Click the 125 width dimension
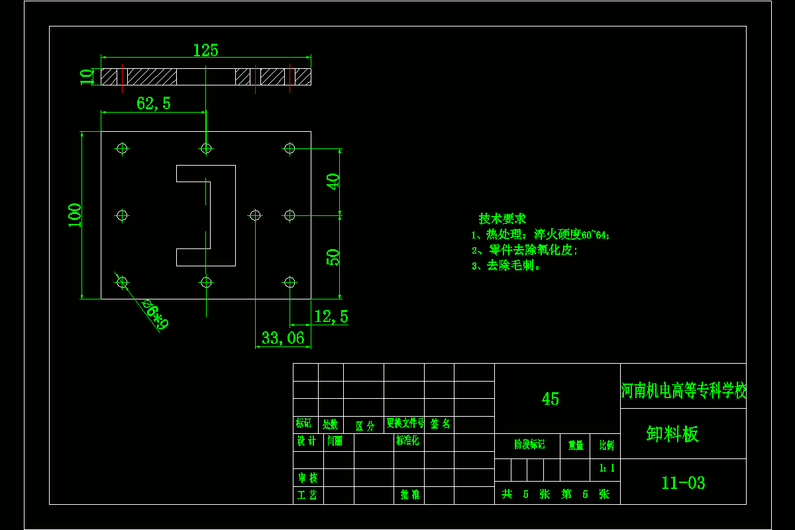click(x=205, y=50)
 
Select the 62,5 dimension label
click(x=153, y=103)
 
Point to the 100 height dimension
click(x=75, y=215)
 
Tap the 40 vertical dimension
click(x=333, y=182)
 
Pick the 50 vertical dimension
click(x=333, y=257)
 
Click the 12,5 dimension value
click(x=331, y=317)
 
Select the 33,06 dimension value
click(x=283, y=338)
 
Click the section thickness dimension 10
click(x=87, y=77)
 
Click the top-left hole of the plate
click(x=122, y=148)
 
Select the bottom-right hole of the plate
click(x=289, y=282)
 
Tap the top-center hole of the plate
click(x=206, y=148)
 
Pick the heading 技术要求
click(x=502, y=219)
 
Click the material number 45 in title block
click(x=550, y=399)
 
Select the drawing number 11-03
click(x=683, y=483)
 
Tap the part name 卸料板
click(x=672, y=435)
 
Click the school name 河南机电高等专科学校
click(x=684, y=391)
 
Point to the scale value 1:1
click(x=607, y=468)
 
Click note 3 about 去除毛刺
click(x=507, y=266)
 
